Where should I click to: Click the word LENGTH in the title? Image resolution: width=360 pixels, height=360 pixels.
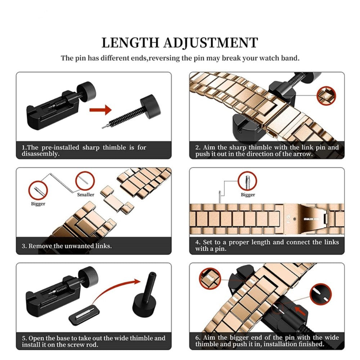(130, 42)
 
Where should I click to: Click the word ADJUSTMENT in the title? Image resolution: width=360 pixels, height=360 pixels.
(211, 42)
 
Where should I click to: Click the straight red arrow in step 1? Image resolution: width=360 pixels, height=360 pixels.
(100, 110)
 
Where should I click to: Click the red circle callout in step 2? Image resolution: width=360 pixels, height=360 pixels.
(326, 96)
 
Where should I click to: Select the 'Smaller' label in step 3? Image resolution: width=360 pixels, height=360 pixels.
(86, 195)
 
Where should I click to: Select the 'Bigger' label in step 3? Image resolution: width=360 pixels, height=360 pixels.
(38, 204)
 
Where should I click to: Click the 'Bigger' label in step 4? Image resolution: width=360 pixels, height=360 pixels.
(248, 195)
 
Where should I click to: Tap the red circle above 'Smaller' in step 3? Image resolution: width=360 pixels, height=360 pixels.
(85, 181)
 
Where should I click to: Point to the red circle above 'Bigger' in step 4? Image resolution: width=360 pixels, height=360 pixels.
(247, 181)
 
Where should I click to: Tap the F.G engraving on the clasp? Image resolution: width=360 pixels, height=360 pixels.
(288, 219)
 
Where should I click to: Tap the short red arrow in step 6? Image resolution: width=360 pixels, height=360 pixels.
(300, 310)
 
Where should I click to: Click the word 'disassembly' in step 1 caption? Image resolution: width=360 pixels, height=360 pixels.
(40, 154)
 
